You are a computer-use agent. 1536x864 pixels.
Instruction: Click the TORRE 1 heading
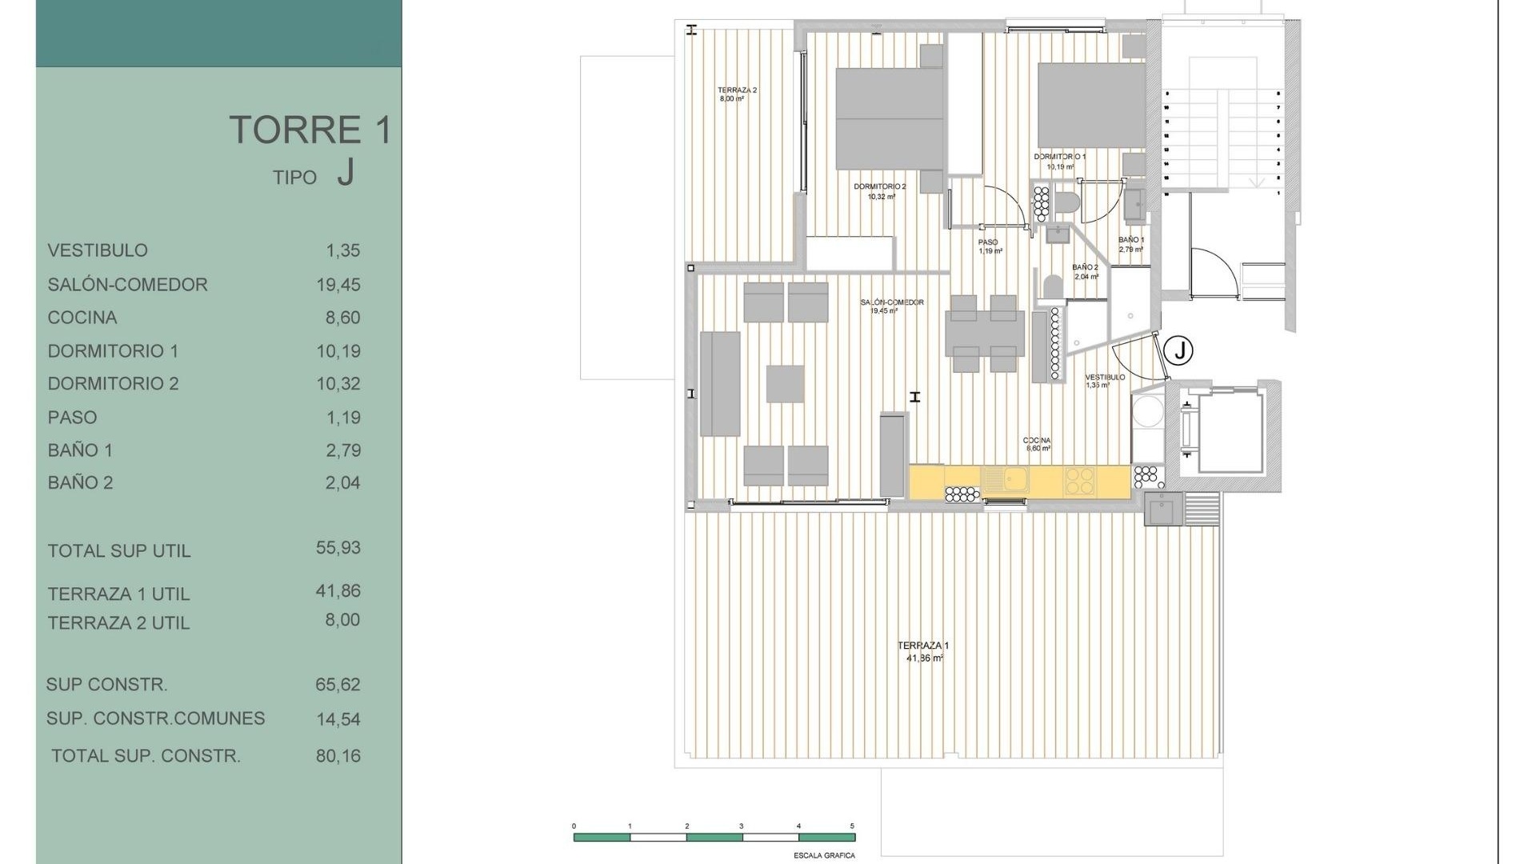point(310,130)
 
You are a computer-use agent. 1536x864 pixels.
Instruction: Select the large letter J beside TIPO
point(345,172)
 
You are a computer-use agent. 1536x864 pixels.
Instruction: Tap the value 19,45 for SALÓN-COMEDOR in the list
point(338,285)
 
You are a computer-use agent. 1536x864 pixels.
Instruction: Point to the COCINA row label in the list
point(82,318)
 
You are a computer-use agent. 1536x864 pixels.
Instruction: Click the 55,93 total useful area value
point(338,548)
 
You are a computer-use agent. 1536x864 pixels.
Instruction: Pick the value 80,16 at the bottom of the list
point(338,756)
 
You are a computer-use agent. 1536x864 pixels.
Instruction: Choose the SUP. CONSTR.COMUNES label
point(155,718)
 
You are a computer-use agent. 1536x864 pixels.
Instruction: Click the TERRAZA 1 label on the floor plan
point(923,646)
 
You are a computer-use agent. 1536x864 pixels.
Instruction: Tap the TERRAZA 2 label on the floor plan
point(736,90)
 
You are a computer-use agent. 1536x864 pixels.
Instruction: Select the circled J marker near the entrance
point(1178,350)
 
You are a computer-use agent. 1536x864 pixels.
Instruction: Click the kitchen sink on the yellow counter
point(1006,480)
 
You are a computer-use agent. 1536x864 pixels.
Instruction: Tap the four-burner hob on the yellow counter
point(1078,480)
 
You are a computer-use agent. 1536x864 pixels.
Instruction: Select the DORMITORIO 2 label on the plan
point(880,186)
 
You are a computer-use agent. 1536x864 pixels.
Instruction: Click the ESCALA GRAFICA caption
point(824,855)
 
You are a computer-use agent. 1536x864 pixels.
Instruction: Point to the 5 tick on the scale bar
point(852,826)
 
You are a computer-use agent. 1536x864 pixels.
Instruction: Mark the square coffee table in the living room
point(785,383)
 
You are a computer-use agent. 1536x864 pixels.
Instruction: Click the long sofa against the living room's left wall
point(720,384)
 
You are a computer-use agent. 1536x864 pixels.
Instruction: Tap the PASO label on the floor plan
point(988,242)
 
